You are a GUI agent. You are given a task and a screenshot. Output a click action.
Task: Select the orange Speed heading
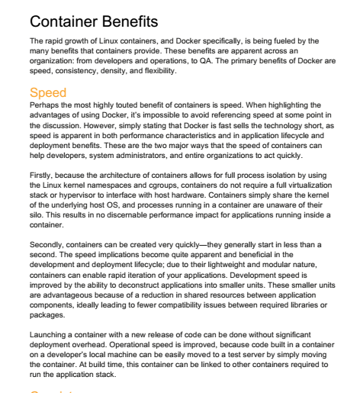click(47, 93)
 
